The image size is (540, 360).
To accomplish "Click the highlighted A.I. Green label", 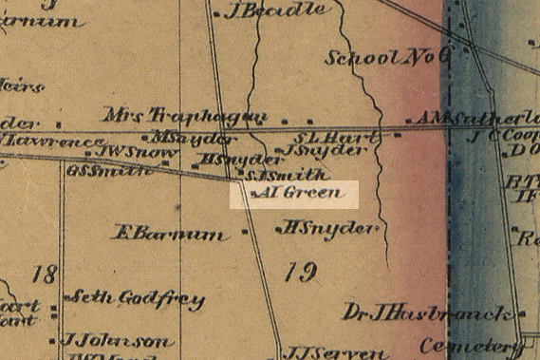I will point(295,195).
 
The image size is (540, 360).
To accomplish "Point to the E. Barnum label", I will point(170,232).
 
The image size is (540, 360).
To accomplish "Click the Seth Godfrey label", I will point(139,298).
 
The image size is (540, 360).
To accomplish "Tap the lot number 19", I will point(298,274).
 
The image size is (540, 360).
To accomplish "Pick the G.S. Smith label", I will point(109,171).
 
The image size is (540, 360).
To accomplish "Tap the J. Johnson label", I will point(117,340).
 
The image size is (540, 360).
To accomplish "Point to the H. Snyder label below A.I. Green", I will point(329,228).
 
